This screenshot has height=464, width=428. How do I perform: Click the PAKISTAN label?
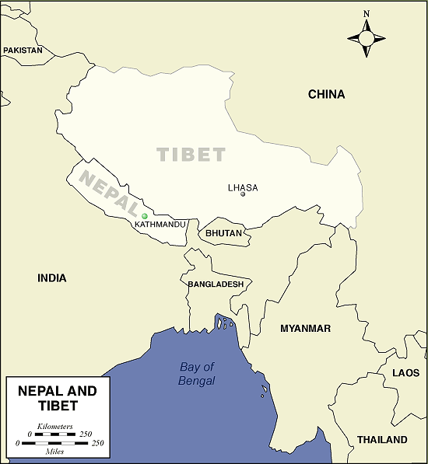pyautogui.click(x=23, y=50)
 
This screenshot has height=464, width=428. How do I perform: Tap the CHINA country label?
pyautogui.click(x=326, y=94)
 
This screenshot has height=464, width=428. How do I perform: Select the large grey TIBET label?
pyautogui.click(x=191, y=154)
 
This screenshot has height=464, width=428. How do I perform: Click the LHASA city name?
pyautogui.click(x=243, y=187)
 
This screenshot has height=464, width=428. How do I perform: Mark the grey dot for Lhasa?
pyautogui.click(x=243, y=194)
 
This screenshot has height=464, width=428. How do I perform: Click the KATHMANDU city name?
pyautogui.click(x=160, y=224)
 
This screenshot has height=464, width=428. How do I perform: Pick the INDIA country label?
pyautogui.click(x=52, y=277)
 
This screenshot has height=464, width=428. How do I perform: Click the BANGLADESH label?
pyautogui.click(x=216, y=284)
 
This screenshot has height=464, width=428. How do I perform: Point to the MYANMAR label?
pyautogui.click(x=306, y=328)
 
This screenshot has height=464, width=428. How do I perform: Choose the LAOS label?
pyautogui.click(x=405, y=373)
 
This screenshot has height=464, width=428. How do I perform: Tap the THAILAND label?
pyautogui.click(x=382, y=439)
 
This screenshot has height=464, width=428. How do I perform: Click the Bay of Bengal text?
pyautogui.click(x=197, y=374)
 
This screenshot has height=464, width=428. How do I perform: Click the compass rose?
pyautogui.click(x=367, y=38)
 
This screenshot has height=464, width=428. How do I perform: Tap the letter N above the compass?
pyautogui.click(x=367, y=13)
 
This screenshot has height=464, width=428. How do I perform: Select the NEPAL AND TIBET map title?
pyautogui.click(x=58, y=398)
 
